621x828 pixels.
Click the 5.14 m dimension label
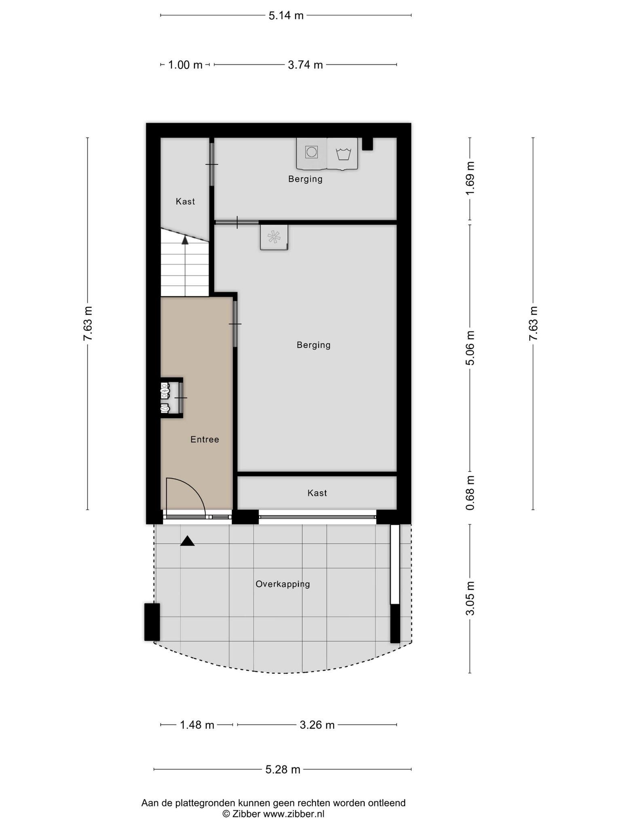tap(286, 16)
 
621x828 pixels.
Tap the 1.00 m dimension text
tap(185, 65)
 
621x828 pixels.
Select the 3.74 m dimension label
tap(305, 65)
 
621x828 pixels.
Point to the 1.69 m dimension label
tap(470, 178)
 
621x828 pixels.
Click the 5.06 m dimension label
tap(470, 348)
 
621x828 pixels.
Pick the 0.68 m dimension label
tap(470, 492)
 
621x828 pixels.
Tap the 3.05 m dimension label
tap(470, 598)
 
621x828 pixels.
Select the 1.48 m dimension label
tap(197, 725)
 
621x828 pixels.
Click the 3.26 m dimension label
tap(317, 725)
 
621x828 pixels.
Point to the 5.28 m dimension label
tap(283, 769)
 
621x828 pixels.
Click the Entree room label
tap(205, 439)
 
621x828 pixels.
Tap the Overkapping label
tap(283, 584)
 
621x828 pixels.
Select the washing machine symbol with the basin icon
tap(342, 154)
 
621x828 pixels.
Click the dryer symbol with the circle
tap(312, 153)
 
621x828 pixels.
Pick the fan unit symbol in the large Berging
tap(274, 237)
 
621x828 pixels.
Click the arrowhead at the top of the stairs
tap(185, 240)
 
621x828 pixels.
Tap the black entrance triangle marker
tap(187, 541)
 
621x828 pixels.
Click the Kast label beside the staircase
tap(185, 201)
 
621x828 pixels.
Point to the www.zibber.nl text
tap(294, 814)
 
